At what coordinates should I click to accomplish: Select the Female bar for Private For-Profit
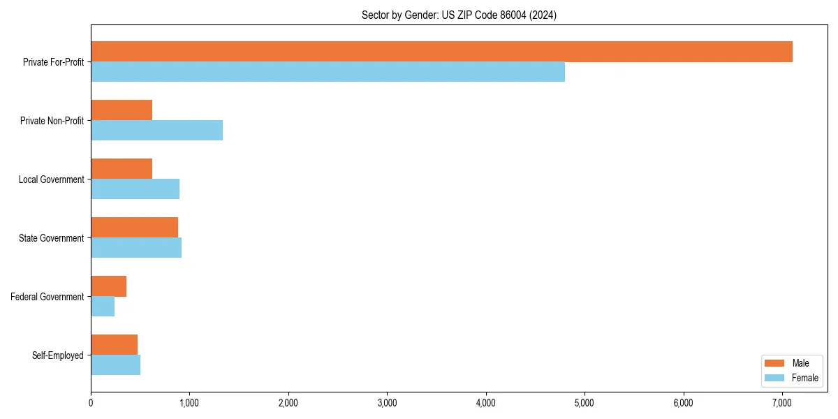tap(328, 72)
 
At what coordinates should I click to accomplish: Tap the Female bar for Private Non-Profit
tap(156, 131)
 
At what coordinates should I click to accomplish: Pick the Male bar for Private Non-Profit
tap(122, 110)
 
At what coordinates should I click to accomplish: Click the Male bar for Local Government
tap(122, 169)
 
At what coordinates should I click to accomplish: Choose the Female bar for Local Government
tap(135, 189)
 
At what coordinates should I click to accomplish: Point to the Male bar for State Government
tap(134, 228)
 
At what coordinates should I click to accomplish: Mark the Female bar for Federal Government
tap(103, 307)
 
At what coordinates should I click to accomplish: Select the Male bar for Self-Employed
tap(114, 345)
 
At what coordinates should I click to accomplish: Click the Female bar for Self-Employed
tap(115, 365)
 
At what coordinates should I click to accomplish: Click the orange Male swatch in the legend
tap(774, 363)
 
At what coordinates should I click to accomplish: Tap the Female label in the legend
tap(804, 378)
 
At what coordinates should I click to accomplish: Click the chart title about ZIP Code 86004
tap(459, 15)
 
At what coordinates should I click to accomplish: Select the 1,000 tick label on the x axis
tap(189, 402)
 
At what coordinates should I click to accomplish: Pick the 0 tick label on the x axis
tap(91, 402)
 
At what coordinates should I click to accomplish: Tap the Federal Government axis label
tap(47, 297)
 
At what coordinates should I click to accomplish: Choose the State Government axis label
tap(52, 238)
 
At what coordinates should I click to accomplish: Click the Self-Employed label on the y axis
tap(58, 355)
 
